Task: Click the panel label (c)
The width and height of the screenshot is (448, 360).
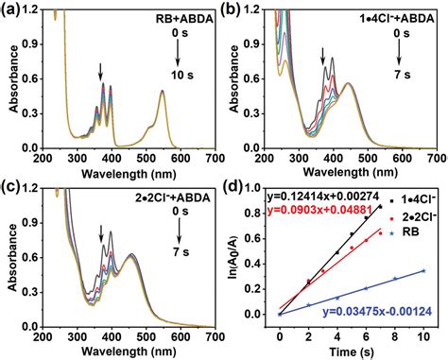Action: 12,188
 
